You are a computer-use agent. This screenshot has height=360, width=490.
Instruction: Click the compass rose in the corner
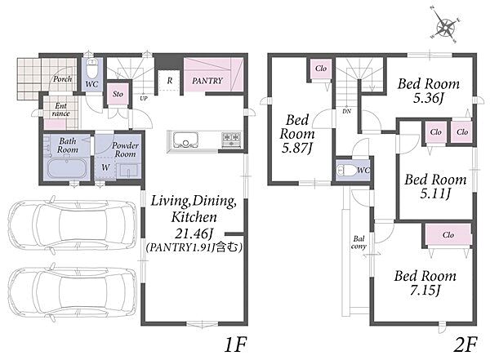point(445,27)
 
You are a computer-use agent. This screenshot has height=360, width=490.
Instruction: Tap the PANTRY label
point(207,81)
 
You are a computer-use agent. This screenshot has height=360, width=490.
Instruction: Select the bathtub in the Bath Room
point(67,168)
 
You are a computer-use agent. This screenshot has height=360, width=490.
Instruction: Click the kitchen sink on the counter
point(186,140)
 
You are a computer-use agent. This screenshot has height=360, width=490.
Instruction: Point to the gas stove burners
point(231,139)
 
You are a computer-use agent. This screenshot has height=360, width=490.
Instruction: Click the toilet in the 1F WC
point(91,69)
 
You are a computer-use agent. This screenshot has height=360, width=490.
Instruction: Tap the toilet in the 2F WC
point(346,171)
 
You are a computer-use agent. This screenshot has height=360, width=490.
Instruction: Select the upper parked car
point(72,223)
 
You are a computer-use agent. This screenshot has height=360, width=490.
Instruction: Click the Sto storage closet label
point(118,94)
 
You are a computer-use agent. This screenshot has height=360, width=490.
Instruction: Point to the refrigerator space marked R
point(169,81)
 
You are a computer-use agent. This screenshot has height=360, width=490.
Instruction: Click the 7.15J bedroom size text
point(425,291)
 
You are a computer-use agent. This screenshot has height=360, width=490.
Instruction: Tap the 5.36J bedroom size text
point(429,99)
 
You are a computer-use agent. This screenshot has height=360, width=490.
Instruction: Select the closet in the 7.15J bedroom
point(448,234)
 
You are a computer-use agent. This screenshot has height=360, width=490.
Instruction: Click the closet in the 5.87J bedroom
point(321,69)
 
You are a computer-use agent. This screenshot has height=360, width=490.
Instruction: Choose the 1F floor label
point(236,344)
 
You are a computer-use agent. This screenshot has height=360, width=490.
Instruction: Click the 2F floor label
point(465,344)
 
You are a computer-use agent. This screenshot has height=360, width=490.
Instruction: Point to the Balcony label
point(359,242)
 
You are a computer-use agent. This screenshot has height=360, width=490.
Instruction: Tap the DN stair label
point(347,111)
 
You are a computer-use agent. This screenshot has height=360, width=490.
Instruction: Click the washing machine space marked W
point(105,167)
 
